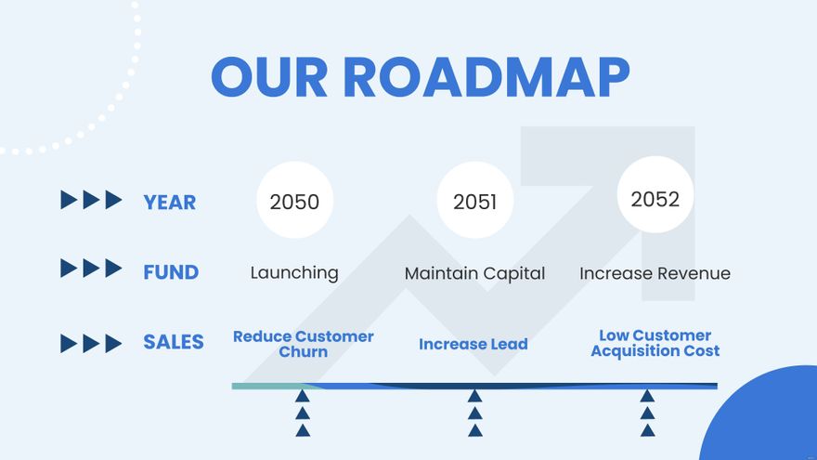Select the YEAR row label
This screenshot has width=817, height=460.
[x=170, y=202]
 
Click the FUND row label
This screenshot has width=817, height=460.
[x=171, y=272]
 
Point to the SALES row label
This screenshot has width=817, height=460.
[x=173, y=342]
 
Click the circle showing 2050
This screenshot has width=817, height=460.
[x=294, y=201]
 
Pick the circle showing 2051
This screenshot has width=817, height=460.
[x=474, y=201]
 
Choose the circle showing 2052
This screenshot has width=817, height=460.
[x=655, y=198]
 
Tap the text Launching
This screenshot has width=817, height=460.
[x=294, y=273]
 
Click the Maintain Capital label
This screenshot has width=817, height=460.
[x=474, y=273]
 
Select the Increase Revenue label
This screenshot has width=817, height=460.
[x=655, y=273]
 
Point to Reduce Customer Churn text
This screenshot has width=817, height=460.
[x=304, y=344]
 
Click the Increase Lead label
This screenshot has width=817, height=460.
[x=473, y=344]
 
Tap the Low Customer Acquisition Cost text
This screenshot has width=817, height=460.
[x=655, y=343]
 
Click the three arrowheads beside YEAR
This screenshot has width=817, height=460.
[x=91, y=200]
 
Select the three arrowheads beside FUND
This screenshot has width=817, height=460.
[x=91, y=269]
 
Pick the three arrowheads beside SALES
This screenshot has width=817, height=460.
[x=91, y=343]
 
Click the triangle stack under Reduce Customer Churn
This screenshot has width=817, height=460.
[x=303, y=413]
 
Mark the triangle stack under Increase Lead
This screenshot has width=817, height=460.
[x=475, y=413]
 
